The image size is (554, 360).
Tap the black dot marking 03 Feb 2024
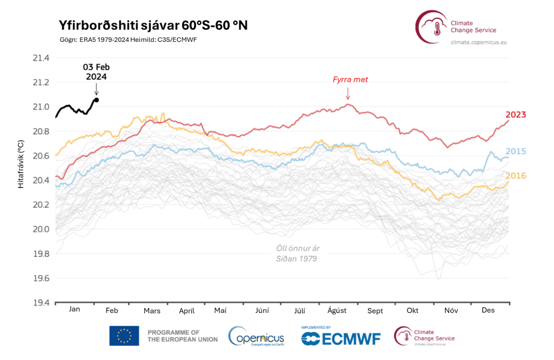(x=97, y=100)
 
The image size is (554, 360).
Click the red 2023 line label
(x=515, y=115)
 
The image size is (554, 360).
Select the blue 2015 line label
(x=515, y=151)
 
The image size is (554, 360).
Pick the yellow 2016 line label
(x=515, y=176)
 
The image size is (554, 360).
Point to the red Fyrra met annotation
(x=350, y=80)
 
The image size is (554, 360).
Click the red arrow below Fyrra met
(x=348, y=94)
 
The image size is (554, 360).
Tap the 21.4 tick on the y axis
(x=41, y=58)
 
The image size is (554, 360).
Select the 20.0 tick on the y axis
(x=41, y=229)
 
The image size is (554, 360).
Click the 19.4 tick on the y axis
(x=41, y=303)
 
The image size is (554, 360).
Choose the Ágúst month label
(x=337, y=310)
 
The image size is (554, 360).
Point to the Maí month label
(x=220, y=311)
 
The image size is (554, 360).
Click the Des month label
(x=488, y=310)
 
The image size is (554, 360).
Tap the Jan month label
(x=74, y=309)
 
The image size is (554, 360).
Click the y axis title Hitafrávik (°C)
(x=21, y=164)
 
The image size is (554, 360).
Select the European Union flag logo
(x=124, y=336)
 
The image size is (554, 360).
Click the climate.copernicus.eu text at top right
(x=479, y=42)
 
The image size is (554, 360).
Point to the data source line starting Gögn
(x=128, y=39)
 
